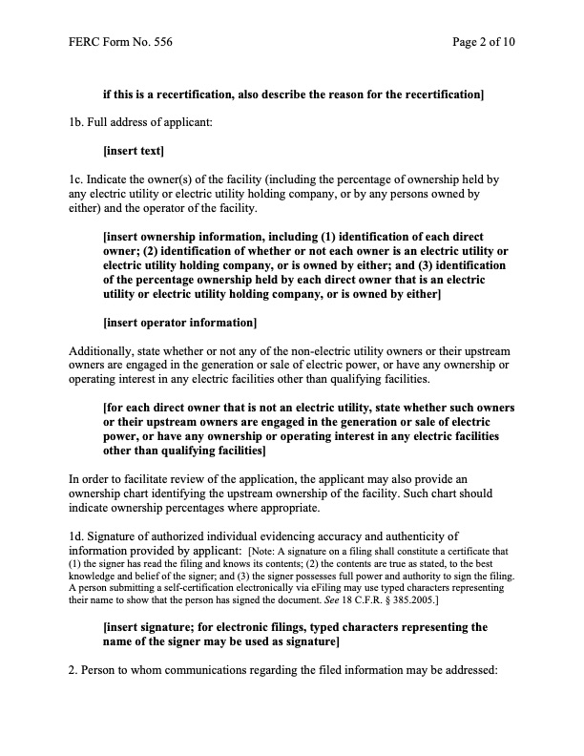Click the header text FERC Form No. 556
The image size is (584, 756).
tap(120, 43)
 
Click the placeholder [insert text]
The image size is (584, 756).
tap(134, 151)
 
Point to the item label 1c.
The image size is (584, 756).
tap(76, 178)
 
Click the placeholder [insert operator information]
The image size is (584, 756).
tap(179, 321)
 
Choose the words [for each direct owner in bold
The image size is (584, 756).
tap(174, 406)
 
